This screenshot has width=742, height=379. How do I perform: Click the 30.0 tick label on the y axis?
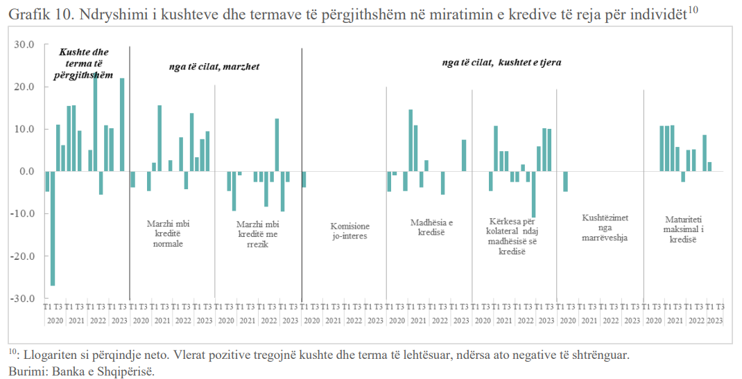click(x=24, y=44)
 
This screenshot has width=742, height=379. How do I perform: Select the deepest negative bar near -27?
click(x=53, y=228)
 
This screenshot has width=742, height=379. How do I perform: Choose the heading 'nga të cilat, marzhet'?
click(x=214, y=67)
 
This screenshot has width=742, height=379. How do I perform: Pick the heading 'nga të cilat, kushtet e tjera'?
click(x=501, y=62)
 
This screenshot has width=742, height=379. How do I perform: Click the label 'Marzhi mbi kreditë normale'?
click(x=168, y=233)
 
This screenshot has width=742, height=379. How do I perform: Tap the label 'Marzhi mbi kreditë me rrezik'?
click(x=257, y=233)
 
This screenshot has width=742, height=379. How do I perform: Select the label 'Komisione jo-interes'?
click(x=350, y=231)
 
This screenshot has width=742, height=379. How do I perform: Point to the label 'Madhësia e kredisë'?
click(x=431, y=227)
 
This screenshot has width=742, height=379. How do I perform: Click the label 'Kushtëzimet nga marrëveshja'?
click(x=605, y=228)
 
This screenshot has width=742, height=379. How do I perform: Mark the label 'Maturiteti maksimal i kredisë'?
click(x=683, y=229)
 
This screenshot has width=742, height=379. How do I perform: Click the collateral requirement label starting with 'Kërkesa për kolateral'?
click(x=512, y=236)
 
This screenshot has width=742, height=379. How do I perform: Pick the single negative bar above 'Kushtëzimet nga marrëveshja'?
click(x=565, y=182)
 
